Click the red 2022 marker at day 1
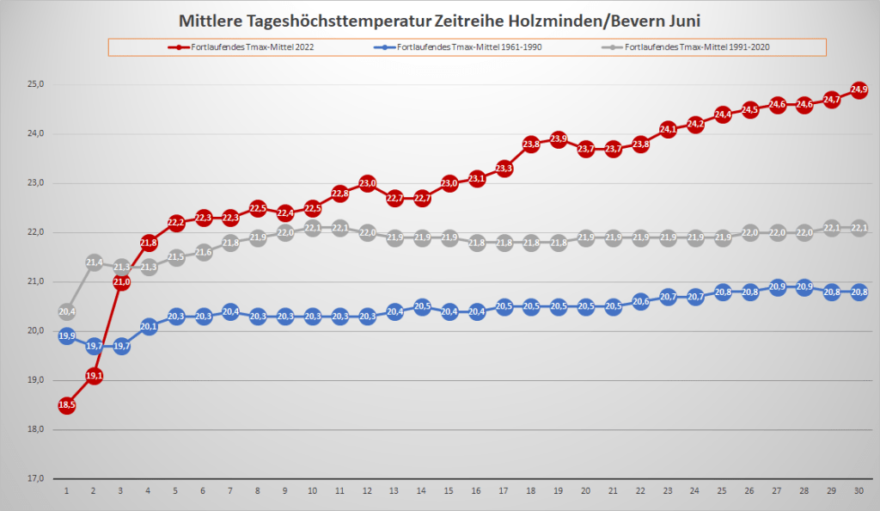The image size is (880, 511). pyautogui.click(x=66, y=405)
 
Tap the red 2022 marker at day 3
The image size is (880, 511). pyautogui.click(x=121, y=281)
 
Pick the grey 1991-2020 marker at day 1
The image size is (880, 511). pyautogui.click(x=66, y=311)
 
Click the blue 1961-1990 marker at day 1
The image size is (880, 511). pyautogui.click(x=66, y=336)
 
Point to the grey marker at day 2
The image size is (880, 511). pyautogui.click(x=94, y=262)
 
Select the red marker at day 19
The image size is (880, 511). pyautogui.click(x=559, y=139)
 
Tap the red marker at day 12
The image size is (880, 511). pyautogui.click(x=368, y=183)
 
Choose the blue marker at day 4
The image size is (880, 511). pyautogui.click(x=149, y=326)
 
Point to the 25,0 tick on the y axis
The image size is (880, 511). pyautogui.click(x=35, y=84)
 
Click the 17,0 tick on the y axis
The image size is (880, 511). pyautogui.click(x=35, y=478)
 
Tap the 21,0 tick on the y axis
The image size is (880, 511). pyautogui.click(x=35, y=281)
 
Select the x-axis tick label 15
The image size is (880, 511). pyautogui.click(x=449, y=490)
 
